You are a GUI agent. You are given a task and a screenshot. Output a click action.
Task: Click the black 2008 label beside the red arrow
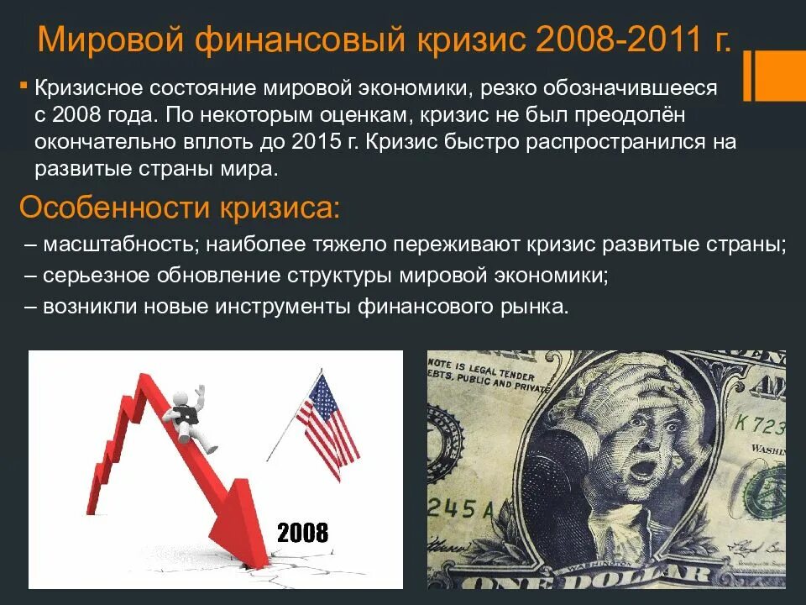tap(302, 532)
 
